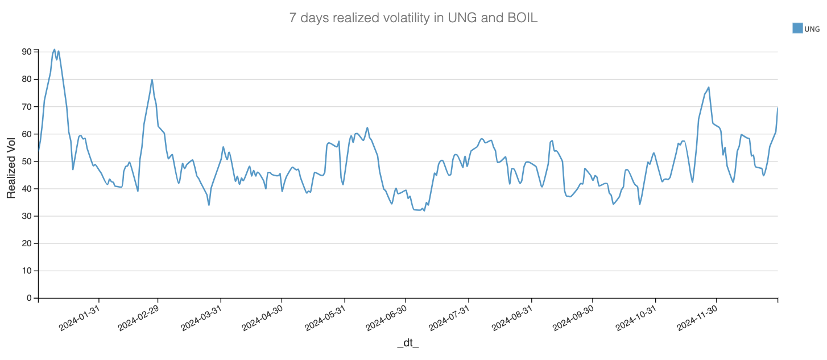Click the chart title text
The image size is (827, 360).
click(413, 18)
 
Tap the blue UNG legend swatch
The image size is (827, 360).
click(797, 28)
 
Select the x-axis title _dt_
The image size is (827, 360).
click(408, 343)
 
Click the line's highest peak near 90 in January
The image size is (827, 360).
click(54, 49)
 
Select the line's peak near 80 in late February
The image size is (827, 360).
click(152, 80)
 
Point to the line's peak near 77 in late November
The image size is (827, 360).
click(709, 87)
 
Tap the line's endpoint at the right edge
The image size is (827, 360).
click(778, 107)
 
